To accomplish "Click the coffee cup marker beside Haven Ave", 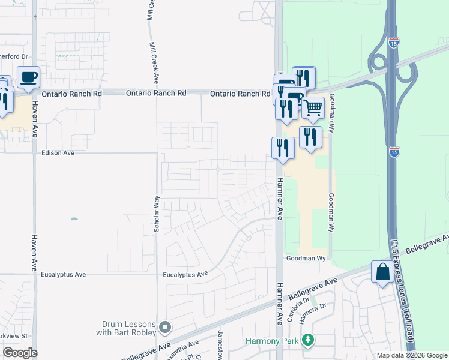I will click(28, 77).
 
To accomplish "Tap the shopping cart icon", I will click(312, 108).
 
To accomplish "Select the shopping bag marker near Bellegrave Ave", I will click(383, 272).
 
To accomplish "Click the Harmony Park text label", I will click(271, 341).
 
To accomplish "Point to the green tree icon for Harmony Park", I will click(308, 340).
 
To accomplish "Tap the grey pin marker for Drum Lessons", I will click(165, 328).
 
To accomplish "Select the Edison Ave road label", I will click(58, 153).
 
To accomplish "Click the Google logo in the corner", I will click(20, 353).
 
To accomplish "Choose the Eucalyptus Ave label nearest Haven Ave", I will click(63, 274).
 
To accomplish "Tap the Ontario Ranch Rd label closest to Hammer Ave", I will click(240, 94).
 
